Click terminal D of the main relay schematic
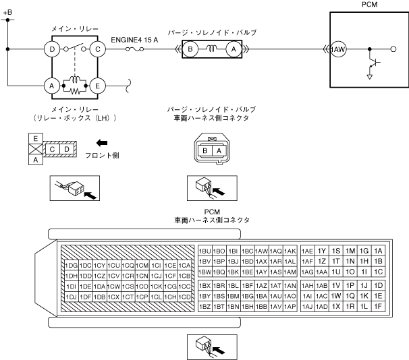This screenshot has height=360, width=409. [49, 49]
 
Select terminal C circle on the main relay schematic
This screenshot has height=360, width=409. [98, 49]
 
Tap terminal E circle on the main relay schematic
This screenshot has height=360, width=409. [98, 86]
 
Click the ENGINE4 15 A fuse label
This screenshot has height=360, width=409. [136, 39]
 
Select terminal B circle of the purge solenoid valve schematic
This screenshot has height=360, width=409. [192, 49]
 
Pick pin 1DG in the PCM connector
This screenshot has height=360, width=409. [71, 265]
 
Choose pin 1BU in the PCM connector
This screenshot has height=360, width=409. [205, 251]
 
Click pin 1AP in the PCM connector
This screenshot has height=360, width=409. [290, 307]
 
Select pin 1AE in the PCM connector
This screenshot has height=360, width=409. [308, 251]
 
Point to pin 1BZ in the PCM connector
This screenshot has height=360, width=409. [205, 307]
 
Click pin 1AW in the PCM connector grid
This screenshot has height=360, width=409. [262, 251]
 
